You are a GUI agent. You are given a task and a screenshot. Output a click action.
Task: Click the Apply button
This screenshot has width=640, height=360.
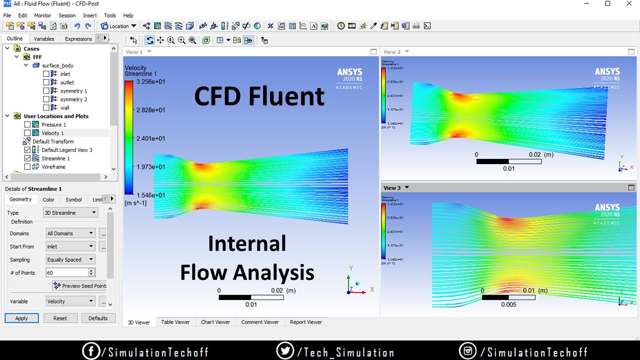[x=21, y=318]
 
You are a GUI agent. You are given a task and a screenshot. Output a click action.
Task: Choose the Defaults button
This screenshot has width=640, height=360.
[x=98, y=318]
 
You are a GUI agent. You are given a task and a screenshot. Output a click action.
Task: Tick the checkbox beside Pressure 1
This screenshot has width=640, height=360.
[x=27, y=124]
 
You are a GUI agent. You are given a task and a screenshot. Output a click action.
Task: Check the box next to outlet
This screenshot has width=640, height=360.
[x=46, y=82]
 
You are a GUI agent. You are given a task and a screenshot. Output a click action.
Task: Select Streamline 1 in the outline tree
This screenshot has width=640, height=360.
[x=55, y=158]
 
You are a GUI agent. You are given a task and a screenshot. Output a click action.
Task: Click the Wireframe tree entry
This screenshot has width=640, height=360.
[x=53, y=167]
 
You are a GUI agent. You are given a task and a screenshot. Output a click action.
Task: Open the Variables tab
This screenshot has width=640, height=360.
[x=44, y=39]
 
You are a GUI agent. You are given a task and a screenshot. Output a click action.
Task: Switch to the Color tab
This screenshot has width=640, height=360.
[x=48, y=199]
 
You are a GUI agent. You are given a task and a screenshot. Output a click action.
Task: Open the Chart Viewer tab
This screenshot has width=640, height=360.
[x=215, y=322]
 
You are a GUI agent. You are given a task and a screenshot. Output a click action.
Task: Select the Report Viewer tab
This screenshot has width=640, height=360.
[x=306, y=322]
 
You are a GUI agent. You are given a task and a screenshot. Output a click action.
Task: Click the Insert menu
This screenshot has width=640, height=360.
[x=90, y=15]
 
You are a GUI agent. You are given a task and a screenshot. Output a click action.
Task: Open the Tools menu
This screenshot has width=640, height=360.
[x=110, y=15]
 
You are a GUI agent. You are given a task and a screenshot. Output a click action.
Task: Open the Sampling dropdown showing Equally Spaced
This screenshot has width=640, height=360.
[x=70, y=259]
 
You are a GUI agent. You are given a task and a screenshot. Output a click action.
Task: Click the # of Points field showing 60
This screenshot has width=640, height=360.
[x=66, y=272]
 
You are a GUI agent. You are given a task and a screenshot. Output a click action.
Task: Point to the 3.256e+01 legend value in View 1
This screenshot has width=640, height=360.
[x=151, y=82]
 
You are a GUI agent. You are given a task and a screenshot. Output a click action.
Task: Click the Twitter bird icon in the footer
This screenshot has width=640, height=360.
[x=285, y=351]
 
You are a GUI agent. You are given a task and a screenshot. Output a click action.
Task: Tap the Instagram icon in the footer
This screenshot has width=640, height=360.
[x=467, y=351]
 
